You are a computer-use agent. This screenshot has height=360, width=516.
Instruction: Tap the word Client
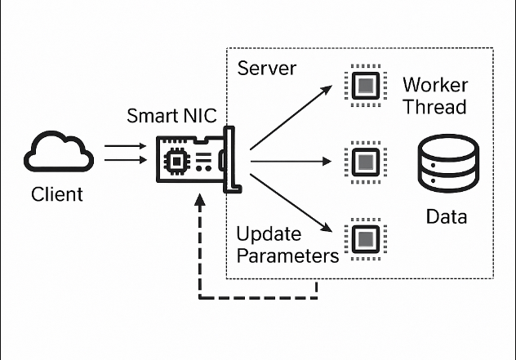pos(57,195)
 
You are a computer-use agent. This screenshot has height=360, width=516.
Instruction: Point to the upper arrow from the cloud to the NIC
pos(124,148)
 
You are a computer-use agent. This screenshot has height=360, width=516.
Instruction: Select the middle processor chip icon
pos(364,161)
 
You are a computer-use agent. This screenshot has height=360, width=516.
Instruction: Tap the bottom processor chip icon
pos(364,238)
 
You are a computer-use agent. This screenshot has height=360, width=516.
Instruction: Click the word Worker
pos(435,85)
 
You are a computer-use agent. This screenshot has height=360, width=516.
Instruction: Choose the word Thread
pos(435,106)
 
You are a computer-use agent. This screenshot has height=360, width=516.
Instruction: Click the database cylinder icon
pos(446,163)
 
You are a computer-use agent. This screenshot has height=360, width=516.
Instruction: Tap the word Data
pos(447,216)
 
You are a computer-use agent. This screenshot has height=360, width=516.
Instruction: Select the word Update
pos(269,234)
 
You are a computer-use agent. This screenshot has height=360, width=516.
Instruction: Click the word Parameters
pos(287,256)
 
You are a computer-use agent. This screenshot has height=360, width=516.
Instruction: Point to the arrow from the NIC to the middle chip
pos(294,161)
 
